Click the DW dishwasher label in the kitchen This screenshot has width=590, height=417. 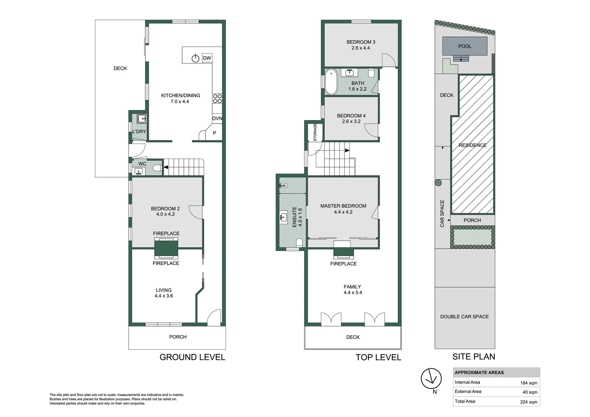coord(207,58)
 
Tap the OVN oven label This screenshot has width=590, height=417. coord(217,119)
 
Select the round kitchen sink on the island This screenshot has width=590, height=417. coord(196,58)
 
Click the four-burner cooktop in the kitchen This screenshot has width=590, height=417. coord(217,98)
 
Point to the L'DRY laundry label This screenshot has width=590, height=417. coord(139,132)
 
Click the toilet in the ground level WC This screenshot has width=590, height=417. coord(157,168)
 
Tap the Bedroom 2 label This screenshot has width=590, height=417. coord(165,208)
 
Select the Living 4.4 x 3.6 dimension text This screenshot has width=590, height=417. coord(164,296)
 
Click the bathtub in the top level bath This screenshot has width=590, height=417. coord(331,81)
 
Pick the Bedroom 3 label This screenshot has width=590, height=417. coord(361,42)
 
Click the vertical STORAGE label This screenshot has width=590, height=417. coord(315,132)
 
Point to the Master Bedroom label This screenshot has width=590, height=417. coord(343,206)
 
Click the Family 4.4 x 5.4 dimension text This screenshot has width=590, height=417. coord(353,293)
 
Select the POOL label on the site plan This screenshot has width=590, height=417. coord(465,46)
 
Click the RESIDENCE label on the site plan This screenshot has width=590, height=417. coord(472,145)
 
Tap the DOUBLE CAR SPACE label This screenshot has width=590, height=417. coord(465,317)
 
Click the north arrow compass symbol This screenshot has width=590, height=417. coord(431,378)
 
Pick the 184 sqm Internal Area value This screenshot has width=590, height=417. coord(529,383)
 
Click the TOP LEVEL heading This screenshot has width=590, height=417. coord(378,358)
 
